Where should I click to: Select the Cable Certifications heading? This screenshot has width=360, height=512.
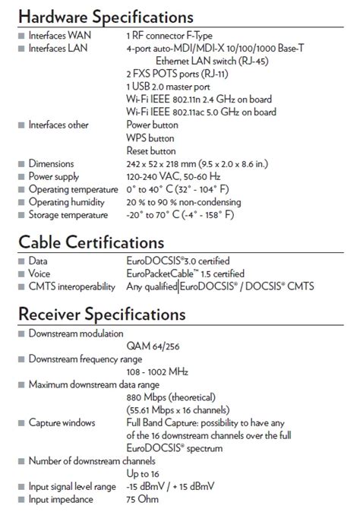pos(90,242)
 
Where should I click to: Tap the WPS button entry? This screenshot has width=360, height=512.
pos(150,138)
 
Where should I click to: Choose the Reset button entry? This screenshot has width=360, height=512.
pos(151,151)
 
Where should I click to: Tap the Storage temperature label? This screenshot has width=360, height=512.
pos(68,216)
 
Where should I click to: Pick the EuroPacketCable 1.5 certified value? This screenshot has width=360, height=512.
pos(185,273)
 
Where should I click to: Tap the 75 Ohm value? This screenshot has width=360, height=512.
pos(144,500)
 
